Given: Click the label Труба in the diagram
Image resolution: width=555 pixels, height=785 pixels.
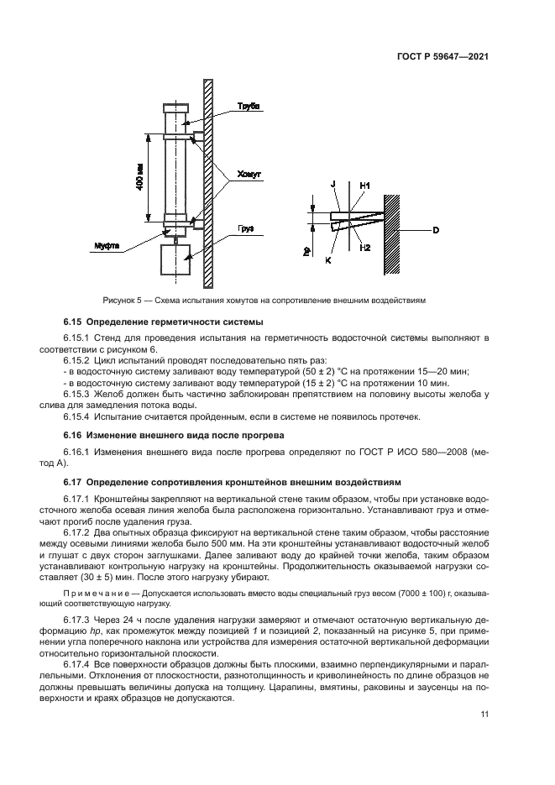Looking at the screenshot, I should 249,106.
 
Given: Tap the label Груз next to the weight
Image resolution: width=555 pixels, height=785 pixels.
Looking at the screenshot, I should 244,227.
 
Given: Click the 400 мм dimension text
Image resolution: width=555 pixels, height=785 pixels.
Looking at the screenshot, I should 139,177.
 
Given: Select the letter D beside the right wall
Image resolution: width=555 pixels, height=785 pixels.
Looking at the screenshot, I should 436,228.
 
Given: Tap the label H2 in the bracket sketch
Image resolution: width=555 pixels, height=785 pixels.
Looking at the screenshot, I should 365,248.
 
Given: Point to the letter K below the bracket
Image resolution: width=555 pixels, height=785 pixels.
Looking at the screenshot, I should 329,261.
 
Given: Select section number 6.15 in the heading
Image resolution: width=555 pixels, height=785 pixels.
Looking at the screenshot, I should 75,322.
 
